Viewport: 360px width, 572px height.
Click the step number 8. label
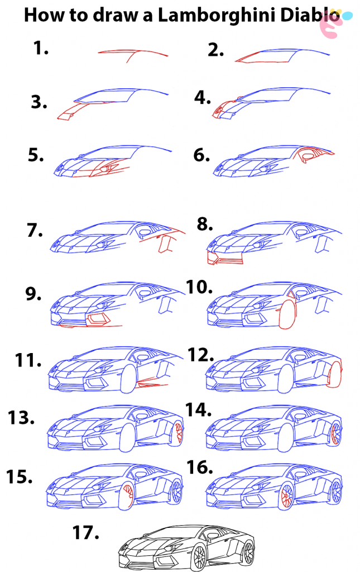[205, 224]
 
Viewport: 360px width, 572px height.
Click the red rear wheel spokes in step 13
[179, 431]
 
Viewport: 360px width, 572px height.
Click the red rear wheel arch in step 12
[336, 375]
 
